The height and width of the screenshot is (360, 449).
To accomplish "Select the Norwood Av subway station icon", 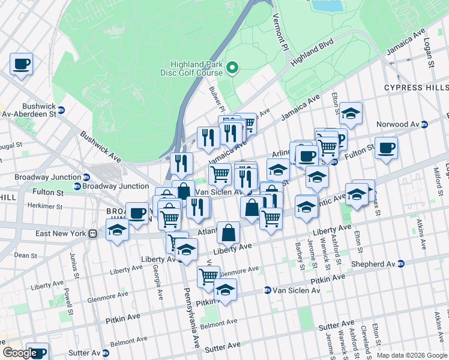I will [x=424, y=124].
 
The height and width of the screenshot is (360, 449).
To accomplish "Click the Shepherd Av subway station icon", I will [x=401, y=264].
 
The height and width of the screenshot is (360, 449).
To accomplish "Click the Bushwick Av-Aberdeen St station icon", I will [x=61, y=110].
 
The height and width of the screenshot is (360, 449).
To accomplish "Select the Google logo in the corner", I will [x=19, y=353].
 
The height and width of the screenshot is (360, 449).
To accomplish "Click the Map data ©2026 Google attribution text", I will [x=411, y=355].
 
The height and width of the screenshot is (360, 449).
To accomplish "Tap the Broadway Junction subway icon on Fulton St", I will [x=77, y=186].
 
